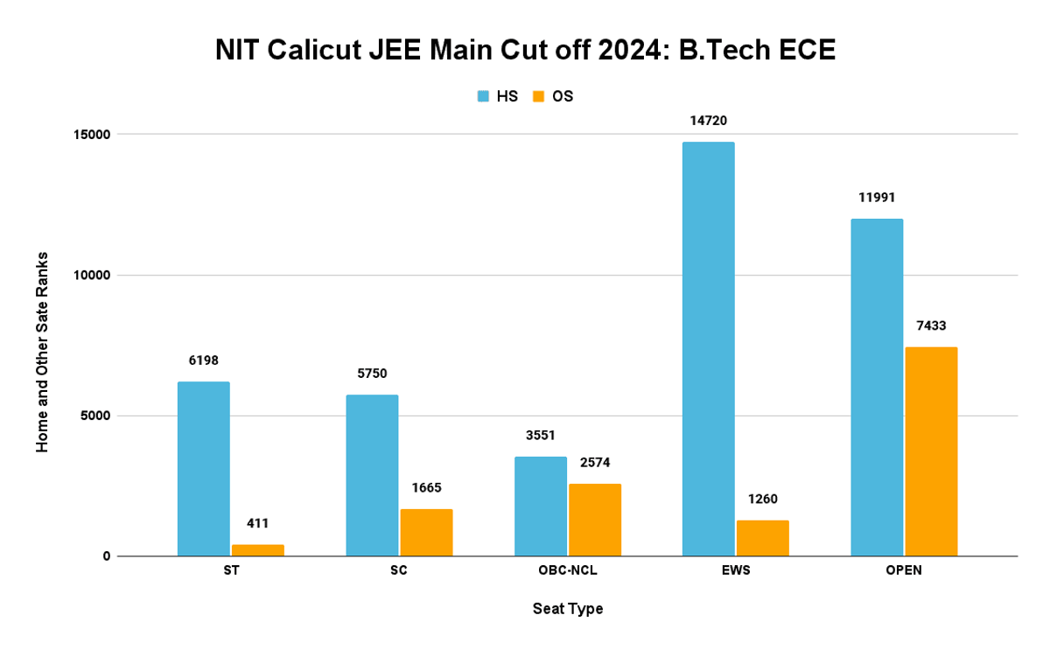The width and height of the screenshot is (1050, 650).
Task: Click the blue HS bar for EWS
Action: tap(708, 349)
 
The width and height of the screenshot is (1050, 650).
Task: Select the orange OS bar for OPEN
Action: tap(931, 451)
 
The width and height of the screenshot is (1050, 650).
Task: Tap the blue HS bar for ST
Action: tap(203, 469)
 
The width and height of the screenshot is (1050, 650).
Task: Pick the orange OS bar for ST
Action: tap(258, 550)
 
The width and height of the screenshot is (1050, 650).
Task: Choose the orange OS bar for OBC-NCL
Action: tap(594, 520)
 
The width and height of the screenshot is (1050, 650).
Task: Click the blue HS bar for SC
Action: tap(372, 475)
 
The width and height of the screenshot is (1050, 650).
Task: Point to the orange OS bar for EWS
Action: tap(762, 538)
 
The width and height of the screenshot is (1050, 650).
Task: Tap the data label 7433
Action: tap(931, 325)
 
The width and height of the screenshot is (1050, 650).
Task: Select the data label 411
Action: tap(258, 524)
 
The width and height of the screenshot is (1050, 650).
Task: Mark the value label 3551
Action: tap(541, 435)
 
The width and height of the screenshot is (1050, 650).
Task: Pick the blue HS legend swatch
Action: tap(484, 96)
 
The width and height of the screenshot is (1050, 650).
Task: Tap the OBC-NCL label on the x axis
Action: tap(567, 571)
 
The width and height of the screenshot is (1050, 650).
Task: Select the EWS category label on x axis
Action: tap(736, 571)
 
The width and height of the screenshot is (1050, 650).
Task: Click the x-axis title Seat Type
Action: tap(567, 609)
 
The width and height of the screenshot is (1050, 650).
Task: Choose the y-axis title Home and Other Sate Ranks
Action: tap(42, 352)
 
